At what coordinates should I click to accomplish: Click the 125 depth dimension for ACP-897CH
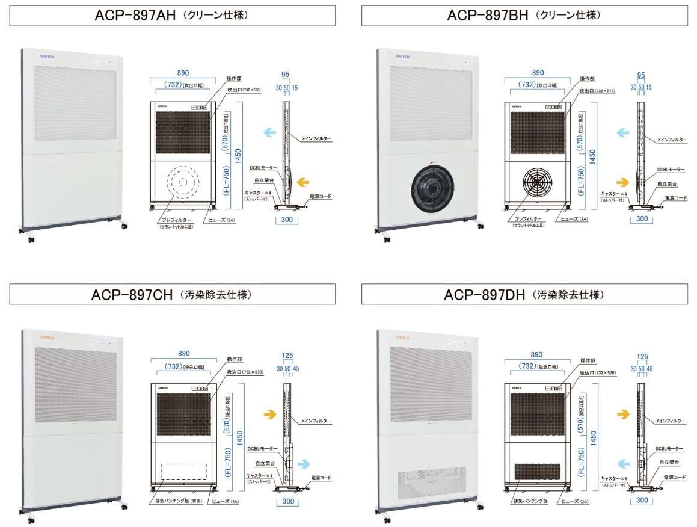click(288, 357)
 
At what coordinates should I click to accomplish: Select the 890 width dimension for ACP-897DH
click(536, 355)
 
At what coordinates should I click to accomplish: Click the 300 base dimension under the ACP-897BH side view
click(642, 218)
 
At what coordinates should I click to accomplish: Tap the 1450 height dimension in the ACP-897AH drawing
click(239, 153)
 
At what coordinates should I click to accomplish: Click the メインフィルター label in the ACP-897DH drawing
click(671, 421)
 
